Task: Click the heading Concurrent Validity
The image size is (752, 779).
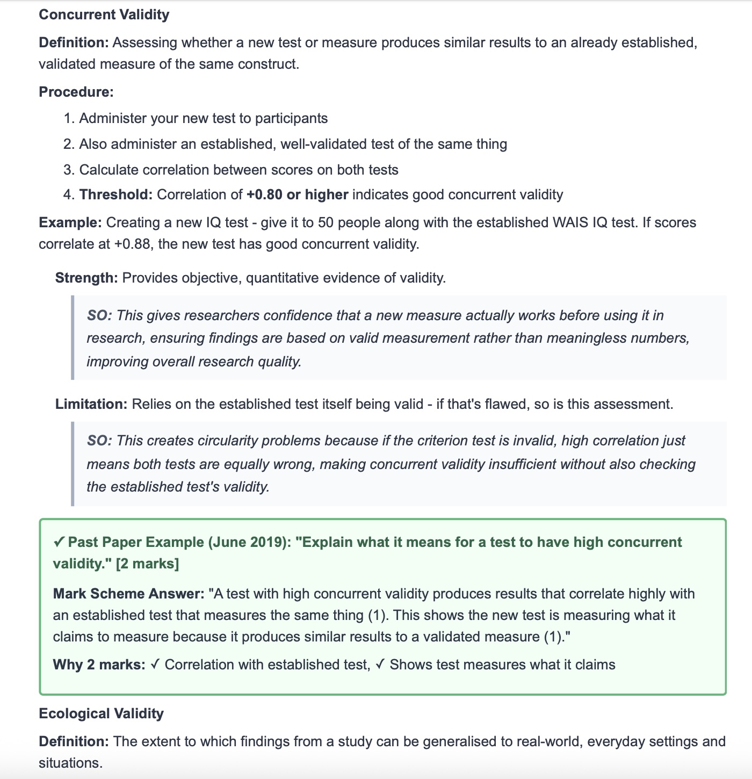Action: [x=104, y=15]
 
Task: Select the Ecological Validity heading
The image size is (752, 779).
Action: [x=101, y=713]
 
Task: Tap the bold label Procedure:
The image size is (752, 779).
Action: [x=76, y=92]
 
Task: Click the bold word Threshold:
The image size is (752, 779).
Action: [x=116, y=194]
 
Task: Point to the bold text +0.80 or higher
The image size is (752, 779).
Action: [x=298, y=194]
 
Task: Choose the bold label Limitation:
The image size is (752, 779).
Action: [x=91, y=404]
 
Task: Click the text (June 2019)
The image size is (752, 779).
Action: [x=248, y=542]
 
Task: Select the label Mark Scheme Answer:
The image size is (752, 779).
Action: [x=128, y=594]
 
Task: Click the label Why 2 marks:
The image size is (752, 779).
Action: [x=99, y=665]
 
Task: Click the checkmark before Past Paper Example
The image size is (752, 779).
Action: [x=59, y=542]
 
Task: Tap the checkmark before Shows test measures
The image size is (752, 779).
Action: [x=380, y=665]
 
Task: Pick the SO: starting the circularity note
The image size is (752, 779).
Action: [x=99, y=441]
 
